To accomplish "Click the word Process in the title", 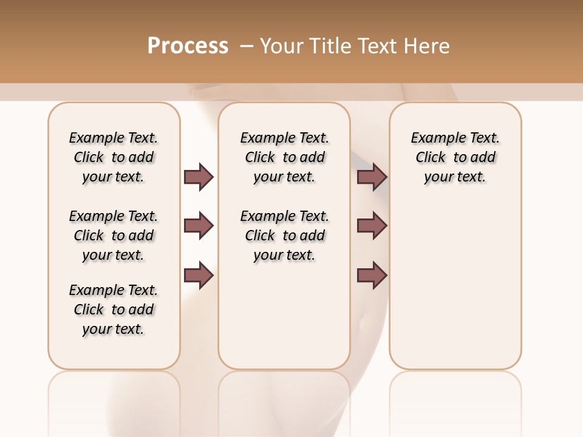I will [188, 46].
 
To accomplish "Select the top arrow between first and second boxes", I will [199, 177].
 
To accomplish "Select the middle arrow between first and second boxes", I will [199, 226].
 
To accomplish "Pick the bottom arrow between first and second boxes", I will [199, 276].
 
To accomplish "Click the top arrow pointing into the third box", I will [372, 177].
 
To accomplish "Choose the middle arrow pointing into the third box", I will [372, 226].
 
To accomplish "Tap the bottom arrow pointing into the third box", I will [372, 276].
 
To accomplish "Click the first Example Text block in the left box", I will [114, 157].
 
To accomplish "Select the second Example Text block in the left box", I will [114, 235].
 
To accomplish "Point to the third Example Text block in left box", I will [114, 310].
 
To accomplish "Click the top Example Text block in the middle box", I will [284, 157].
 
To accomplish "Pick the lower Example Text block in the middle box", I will [284, 235].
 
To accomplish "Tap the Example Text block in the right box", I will [455, 157].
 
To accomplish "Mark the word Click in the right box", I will [431, 157].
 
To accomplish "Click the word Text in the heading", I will [379, 46].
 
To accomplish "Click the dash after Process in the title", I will [247, 46].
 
